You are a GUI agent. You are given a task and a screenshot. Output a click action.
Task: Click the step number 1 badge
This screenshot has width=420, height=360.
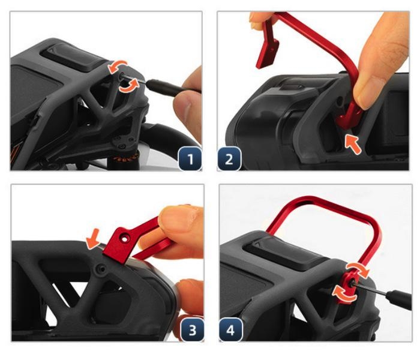(190, 158)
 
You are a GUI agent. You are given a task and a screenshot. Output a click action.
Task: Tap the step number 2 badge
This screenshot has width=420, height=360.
(229, 158)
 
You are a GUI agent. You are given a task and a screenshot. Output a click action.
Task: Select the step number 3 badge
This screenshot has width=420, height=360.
(193, 330)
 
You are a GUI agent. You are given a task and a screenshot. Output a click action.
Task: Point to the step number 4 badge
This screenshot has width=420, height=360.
(230, 330)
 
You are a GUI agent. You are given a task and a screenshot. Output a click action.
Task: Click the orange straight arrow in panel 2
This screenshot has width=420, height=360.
(353, 144)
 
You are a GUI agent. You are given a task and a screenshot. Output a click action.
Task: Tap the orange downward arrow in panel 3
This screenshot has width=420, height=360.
(93, 238)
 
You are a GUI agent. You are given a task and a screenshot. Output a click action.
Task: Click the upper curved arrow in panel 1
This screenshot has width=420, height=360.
(118, 66)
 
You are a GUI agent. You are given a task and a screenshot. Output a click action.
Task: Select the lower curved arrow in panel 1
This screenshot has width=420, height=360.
(130, 86)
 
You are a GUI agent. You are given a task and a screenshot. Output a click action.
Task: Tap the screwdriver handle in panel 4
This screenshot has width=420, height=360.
(399, 299)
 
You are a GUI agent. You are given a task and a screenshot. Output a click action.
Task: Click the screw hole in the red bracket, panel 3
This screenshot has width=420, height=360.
(125, 238)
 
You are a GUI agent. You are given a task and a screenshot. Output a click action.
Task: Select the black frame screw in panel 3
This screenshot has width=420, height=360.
(101, 269)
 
